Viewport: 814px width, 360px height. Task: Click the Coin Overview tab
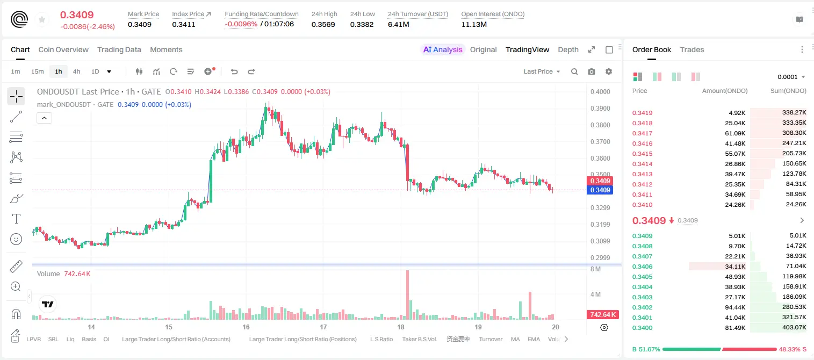click(x=63, y=49)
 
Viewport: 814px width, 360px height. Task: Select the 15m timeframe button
click(x=37, y=71)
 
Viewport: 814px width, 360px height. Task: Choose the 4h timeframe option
click(x=76, y=71)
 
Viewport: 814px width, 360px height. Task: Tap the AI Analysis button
click(x=443, y=49)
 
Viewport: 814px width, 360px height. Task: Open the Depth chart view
click(x=568, y=49)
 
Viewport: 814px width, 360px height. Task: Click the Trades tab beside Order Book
click(x=692, y=49)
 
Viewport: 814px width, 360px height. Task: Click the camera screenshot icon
click(x=592, y=71)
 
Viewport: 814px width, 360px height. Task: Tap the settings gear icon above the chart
click(x=609, y=71)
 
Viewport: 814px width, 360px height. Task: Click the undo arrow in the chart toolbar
click(x=234, y=71)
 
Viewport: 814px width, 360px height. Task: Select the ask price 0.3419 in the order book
click(x=642, y=113)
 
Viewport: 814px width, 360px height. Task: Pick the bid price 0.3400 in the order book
click(x=642, y=328)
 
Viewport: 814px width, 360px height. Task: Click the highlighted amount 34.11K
click(x=735, y=267)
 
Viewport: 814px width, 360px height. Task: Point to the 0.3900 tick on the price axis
click(x=600, y=108)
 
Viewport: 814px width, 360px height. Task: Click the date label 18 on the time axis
click(x=401, y=327)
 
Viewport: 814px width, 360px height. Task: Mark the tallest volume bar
click(x=408, y=295)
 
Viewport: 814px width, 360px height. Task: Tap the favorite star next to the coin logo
click(x=42, y=19)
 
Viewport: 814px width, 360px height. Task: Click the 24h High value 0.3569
click(x=323, y=24)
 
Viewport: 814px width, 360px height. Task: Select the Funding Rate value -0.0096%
click(x=241, y=24)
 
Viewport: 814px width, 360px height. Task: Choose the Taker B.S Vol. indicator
click(x=419, y=339)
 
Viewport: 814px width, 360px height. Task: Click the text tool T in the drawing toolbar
click(x=16, y=219)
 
